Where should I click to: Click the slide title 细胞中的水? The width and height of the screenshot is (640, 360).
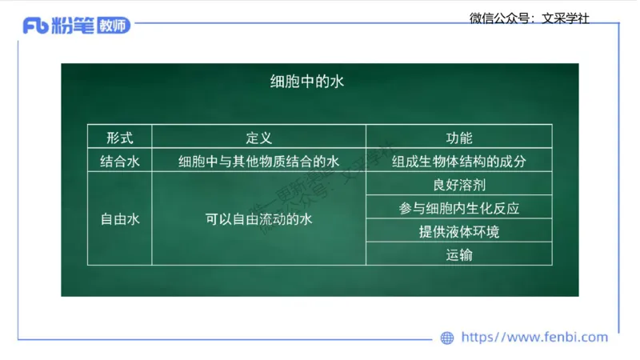(x=306, y=81)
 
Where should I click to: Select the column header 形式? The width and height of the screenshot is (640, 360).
(x=120, y=138)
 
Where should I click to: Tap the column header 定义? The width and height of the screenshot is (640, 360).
(x=258, y=138)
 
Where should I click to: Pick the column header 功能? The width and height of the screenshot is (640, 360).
(x=458, y=138)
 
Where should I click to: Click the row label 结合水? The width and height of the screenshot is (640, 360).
(x=120, y=161)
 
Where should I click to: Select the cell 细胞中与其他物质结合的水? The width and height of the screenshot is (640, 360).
(x=258, y=161)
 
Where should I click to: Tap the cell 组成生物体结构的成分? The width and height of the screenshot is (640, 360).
(x=458, y=161)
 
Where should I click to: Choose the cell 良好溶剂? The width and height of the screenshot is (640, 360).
(x=458, y=185)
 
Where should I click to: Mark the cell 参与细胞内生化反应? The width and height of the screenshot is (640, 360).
(x=458, y=208)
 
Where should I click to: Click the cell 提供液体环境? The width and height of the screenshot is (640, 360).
(x=458, y=232)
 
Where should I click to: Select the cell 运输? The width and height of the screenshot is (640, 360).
(x=458, y=255)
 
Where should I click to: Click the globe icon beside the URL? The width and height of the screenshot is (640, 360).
(x=447, y=338)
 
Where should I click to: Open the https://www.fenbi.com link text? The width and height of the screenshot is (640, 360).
(x=534, y=337)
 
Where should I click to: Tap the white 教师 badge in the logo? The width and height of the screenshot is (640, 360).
(x=112, y=26)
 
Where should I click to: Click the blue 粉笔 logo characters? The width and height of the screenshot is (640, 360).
(x=73, y=26)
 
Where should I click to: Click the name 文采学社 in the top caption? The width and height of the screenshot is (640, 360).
(x=566, y=18)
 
